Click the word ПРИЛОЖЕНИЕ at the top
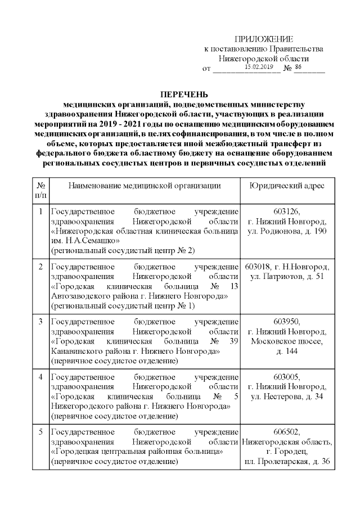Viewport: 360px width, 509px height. pyautogui.click(x=263, y=39)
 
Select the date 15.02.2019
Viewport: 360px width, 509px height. pyautogui.click(x=259, y=67)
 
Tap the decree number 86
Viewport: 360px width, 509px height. pyautogui.click(x=298, y=67)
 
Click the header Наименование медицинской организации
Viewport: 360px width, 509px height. pyautogui.click(x=144, y=185)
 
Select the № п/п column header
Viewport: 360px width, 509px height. pyautogui.click(x=40, y=190)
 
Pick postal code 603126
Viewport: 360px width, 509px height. pyautogui.click(x=286, y=212)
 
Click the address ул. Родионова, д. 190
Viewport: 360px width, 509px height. pyautogui.click(x=286, y=231)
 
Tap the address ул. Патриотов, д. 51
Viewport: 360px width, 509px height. pyautogui.click(x=286, y=277)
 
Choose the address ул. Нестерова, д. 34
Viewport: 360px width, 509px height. pyautogui.click(x=286, y=396)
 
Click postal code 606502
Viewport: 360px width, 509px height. pyautogui.click(x=286, y=432)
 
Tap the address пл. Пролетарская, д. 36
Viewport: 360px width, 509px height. pyautogui.click(x=286, y=461)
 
